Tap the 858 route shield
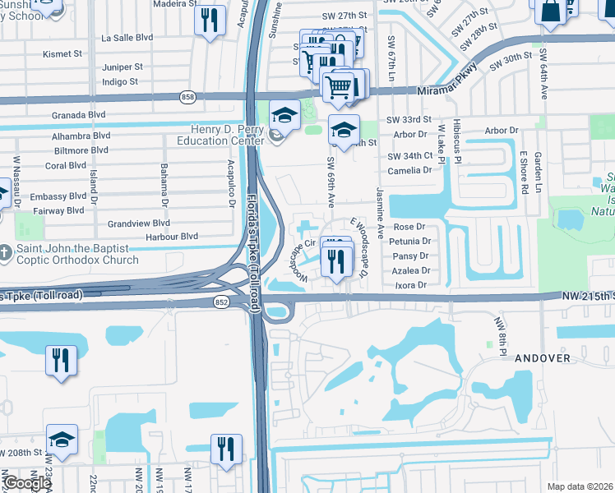click(187, 97)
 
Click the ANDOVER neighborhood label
click(542, 358)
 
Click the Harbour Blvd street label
click(172, 236)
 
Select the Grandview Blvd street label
click(139, 223)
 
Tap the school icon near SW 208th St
click(62, 441)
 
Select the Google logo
click(27, 483)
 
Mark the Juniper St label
click(123, 67)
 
